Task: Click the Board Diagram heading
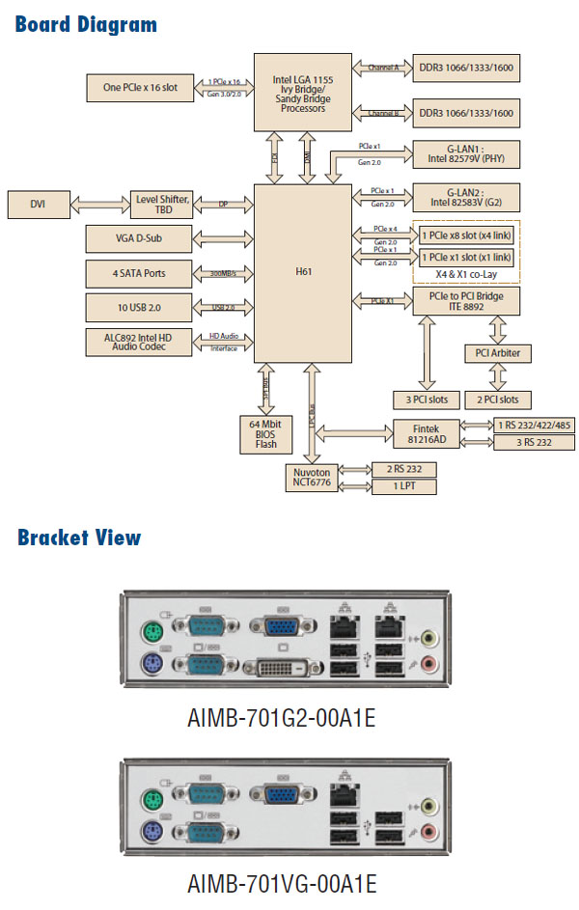point(86,24)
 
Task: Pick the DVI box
point(38,204)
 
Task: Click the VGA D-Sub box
point(139,237)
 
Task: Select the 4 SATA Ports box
point(139,273)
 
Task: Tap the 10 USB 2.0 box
point(139,308)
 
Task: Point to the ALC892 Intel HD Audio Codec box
point(139,342)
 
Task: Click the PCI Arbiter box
point(498,353)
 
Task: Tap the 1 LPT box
point(404,486)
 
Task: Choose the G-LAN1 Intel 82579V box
point(466,153)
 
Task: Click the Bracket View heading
point(79,538)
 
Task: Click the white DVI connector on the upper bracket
point(282,667)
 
